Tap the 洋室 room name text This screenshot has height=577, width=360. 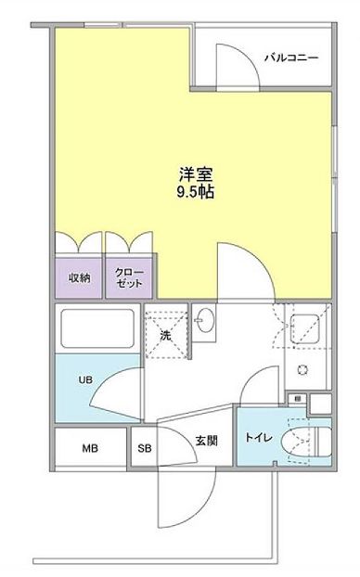[x=196, y=174]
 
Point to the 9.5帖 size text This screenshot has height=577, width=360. [x=196, y=192]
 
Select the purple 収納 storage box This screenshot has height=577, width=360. [x=79, y=277]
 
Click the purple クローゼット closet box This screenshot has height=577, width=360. [x=129, y=277]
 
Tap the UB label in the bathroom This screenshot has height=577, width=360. [x=85, y=379]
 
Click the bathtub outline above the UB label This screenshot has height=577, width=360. [x=97, y=328]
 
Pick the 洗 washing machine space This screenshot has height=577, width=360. [x=166, y=334]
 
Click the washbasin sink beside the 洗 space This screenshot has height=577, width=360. [x=204, y=320]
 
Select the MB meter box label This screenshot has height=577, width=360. [x=90, y=449]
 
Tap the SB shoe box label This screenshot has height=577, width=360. [x=145, y=449]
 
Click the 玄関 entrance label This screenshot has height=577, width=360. [x=206, y=441]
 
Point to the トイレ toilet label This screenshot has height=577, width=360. [x=259, y=438]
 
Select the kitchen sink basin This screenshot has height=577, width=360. [x=304, y=328]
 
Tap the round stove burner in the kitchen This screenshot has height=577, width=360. [x=302, y=370]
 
